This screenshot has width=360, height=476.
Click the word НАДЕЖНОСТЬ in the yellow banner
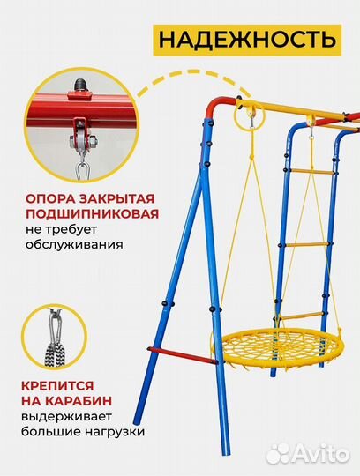[x=246, y=40]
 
